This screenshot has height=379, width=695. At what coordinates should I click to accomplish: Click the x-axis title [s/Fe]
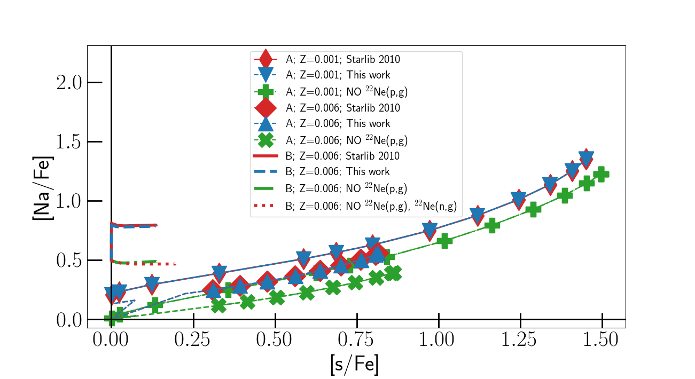(x=354, y=364)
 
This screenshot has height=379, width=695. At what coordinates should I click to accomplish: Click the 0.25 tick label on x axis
(x=193, y=340)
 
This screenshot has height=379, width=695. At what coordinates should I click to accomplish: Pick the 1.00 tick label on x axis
(x=438, y=340)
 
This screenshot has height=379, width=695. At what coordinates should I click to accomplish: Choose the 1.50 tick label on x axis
(x=602, y=340)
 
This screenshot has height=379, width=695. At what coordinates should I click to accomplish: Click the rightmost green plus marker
(x=602, y=174)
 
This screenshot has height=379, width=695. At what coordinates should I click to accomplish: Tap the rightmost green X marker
(x=394, y=273)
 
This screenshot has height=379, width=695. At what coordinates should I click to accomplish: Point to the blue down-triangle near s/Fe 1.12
(x=478, y=215)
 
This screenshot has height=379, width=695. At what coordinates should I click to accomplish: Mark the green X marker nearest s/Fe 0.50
(x=277, y=297)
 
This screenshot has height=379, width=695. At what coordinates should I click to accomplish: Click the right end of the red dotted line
(x=175, y=264)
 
